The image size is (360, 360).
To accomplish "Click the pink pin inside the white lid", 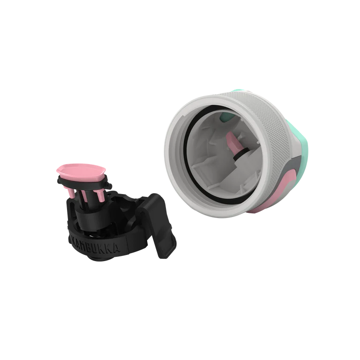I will click(233, 142).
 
